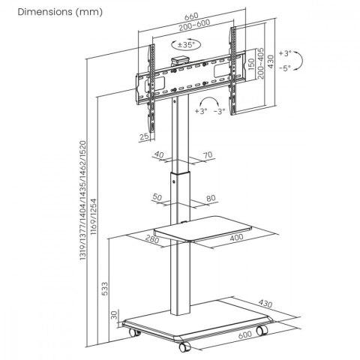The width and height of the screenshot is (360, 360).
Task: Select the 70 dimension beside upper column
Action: click(208, 156)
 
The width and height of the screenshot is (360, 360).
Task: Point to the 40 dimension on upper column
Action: click(159, 156)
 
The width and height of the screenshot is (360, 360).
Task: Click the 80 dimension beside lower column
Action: click(211, 199)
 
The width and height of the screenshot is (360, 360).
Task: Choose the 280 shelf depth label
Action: click(152, 240)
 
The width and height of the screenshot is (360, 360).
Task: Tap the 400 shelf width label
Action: click(237, 238)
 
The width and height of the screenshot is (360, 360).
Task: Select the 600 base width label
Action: click(244, 336)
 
